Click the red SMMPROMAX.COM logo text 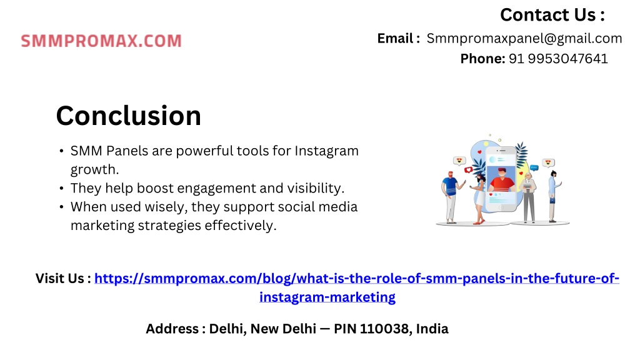click(101, 41)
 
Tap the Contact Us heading click(552, 15)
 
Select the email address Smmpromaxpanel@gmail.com click(524, 38)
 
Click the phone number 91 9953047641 click(558, 59)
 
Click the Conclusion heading click(129, 116)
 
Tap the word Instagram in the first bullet click(326, 151)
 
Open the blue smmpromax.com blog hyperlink click(357, 287)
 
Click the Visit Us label click(63, 278)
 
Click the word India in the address click(432, 329)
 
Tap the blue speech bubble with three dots click(534, 167)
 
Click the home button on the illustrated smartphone click(502, 207)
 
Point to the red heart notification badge click(469, 170)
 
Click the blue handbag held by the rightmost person click(552, 201)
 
